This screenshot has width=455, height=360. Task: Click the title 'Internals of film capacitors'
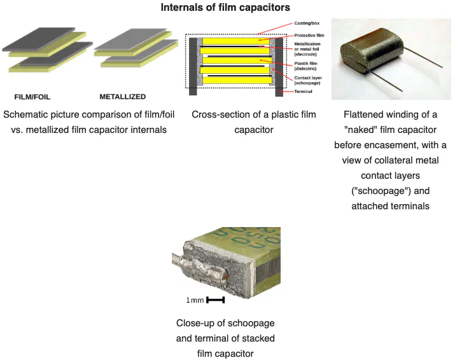[226, 8]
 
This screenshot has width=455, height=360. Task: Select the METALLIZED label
[123, 97]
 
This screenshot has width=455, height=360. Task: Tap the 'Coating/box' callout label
[306, 23]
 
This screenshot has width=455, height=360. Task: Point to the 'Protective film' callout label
[310, 35]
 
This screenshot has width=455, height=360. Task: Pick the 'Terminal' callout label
[303, 92]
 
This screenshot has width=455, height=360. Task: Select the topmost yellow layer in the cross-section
[234, 41]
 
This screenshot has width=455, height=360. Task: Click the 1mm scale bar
[216, 300]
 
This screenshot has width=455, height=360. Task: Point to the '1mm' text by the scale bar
[195, 300]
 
